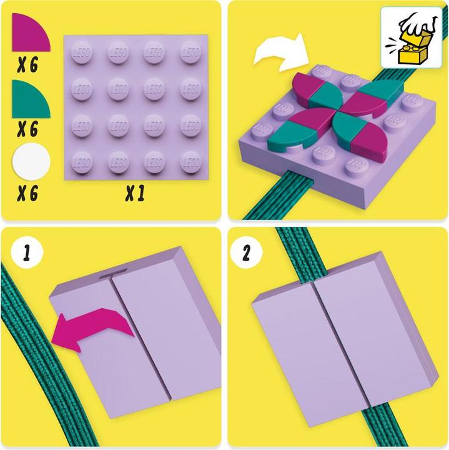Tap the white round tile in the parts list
click(x=31, y=162)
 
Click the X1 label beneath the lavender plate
click(x=134, y=195)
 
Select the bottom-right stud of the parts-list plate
click(x=190, y=162)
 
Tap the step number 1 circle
click(x=26, y=254)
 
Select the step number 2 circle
click(x=246, y=254)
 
